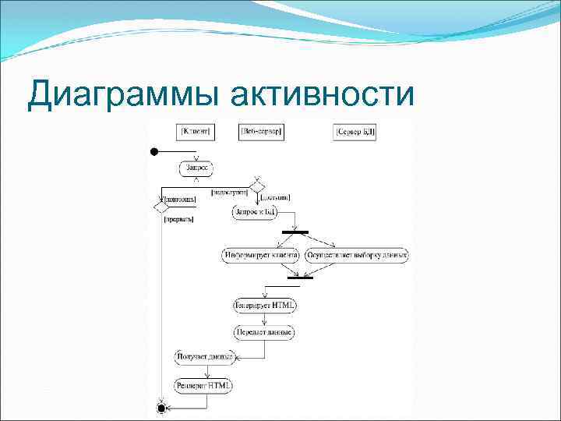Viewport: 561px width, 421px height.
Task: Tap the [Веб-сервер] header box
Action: [263, 132]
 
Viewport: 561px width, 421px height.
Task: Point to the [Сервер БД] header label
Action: [355, 133]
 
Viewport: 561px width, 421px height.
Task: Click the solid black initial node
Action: [155, 151]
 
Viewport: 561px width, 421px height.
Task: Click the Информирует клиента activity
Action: [261, 255]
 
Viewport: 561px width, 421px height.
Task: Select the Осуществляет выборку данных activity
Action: [358, 255]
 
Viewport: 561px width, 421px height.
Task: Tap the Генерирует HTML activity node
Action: [265, 305]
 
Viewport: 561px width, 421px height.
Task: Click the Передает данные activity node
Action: [265, 332]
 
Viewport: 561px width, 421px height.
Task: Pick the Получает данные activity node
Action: [203, 357]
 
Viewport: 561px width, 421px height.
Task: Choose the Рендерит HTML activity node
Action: [203, 385]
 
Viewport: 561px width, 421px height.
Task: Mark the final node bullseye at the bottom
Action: [161, 408]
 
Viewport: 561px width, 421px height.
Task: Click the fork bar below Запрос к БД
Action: [295, 232]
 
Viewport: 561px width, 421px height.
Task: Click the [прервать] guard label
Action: [178, 220]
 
